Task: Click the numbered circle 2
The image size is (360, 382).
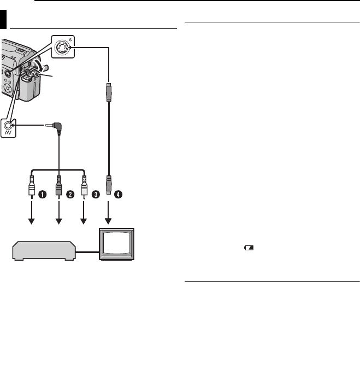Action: pos(70,193)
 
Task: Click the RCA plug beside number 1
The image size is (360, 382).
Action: pos(32,186)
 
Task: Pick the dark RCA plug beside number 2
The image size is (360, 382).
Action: pos(58,186)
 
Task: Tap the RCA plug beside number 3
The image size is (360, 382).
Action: pos(84,186)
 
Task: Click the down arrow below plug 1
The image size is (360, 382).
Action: pos(32,213)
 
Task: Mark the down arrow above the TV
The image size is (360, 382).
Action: pos(110,213)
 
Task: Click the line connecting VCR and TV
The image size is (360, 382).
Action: pos(88,252)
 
